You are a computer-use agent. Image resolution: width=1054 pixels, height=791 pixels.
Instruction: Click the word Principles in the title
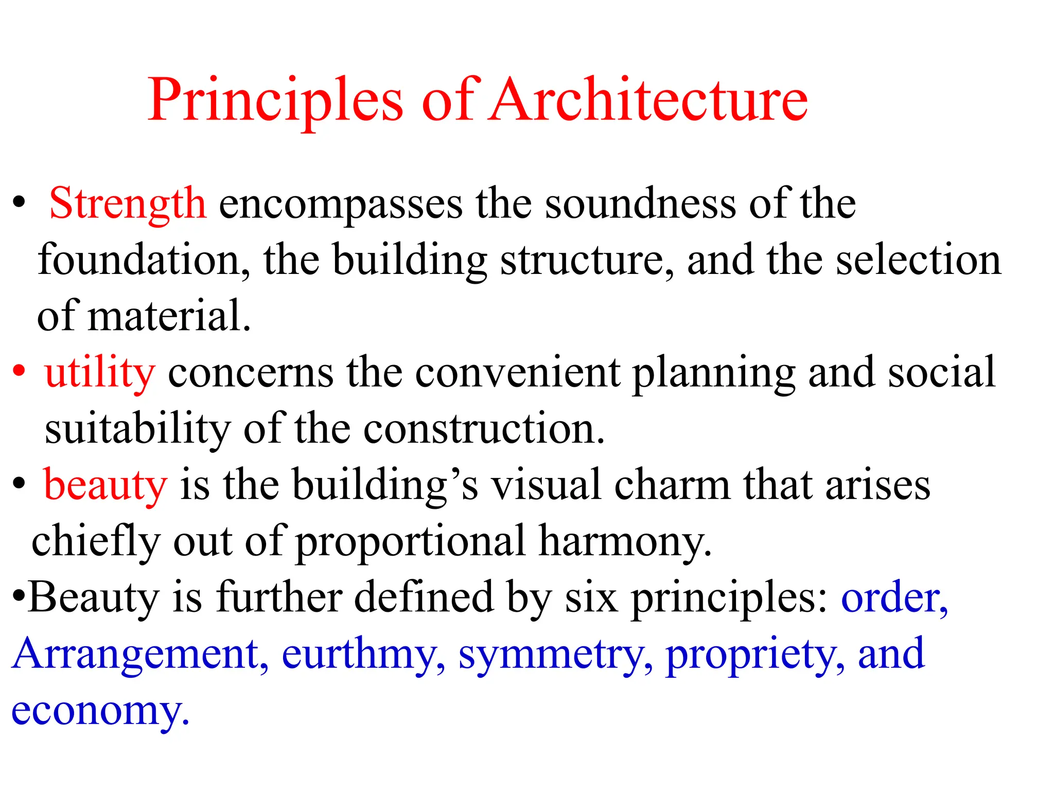pos(275,100)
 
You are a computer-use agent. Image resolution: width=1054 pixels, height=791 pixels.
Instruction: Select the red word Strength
pos(128,204)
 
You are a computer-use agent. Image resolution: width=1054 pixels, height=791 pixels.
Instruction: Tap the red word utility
pos(99,372)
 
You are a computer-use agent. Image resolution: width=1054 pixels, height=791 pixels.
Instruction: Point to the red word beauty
pos(106,485)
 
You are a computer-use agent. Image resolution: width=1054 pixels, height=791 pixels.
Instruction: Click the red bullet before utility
pos(19,371)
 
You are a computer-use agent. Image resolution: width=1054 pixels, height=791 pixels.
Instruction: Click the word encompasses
pos(341,205)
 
